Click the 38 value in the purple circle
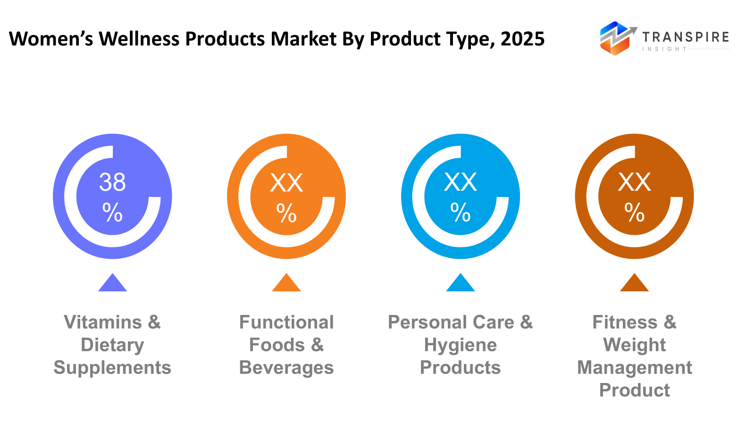pyautogui.click(x=112, y=182)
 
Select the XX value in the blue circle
pyautogui.click(x=461, y=182)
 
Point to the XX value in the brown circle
pyautogui.click(x=634, y=182)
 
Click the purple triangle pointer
pyautogui.click(x=112, y=283)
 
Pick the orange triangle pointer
pyautogui.click(x=286, y=283)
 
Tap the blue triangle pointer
pyautogui.click(x=461, y=283)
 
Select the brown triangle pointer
pyautogui.click(x=634, y=283)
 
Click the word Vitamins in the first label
pyautogui.click(x=103, y=323)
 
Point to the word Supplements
pyautogui.click(x=112, y=368)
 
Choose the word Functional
pyautogui.click(x=286, y=323)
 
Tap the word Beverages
pyautogui.click(x=286, y=368)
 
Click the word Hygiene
pyautogui.click(x=461, y=345)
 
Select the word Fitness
pyautogui.click(x=625, y=323)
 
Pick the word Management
pyautogui.click(x=635, y=368)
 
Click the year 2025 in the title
pyautogui.click(x=522, y=39)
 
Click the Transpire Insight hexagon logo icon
pyautogui.click(x=615, y=38)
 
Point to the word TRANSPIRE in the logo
pyautogui.click(x=686, y=37)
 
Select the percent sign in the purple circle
pyautogui.click(x=112, y=212)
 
